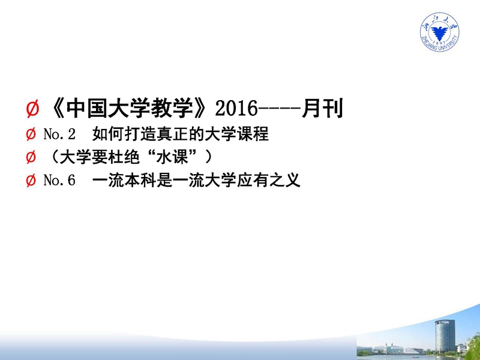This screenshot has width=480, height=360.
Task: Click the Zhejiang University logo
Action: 439,32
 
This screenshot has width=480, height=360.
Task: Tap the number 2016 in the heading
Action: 236,109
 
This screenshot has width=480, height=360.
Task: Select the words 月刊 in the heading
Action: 322,108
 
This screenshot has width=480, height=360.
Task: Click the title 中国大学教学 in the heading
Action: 130,109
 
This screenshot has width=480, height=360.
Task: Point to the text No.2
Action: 59,134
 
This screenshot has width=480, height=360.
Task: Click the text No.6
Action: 59,180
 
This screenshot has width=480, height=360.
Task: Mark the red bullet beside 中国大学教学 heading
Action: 32,109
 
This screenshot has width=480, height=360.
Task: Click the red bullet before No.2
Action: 31,134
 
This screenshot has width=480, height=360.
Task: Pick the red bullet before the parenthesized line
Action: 31,157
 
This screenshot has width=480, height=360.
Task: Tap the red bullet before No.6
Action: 31,181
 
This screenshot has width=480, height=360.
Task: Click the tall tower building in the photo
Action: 445,336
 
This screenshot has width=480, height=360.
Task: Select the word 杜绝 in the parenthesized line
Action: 124,157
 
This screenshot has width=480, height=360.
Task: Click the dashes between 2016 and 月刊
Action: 279,109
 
